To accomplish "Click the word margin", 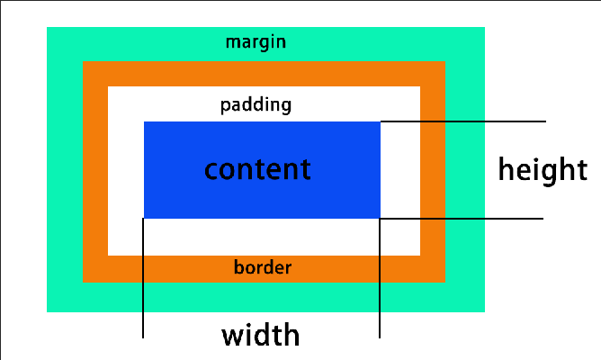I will coord(256,42).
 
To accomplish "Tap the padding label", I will coord(256,105).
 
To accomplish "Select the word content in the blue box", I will coord(257,169).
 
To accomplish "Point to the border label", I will coord(263,267).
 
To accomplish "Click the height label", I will coord(543,169).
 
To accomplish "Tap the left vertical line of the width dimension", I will coord(143,279).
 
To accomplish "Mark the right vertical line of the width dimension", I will coord(380,279).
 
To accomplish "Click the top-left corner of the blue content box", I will coord(145,122).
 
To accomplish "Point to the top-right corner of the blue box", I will coord(380,122).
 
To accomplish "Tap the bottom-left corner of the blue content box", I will coord(145,218).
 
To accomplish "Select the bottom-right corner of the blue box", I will coord(380,218).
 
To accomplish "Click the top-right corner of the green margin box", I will coord(484,28).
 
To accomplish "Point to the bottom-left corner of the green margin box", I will coord(48,311).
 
